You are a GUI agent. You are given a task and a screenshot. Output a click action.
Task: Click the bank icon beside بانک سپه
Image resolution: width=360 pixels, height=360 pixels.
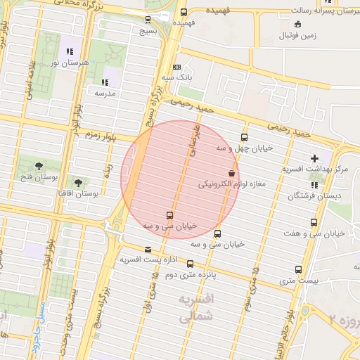coord(176,67)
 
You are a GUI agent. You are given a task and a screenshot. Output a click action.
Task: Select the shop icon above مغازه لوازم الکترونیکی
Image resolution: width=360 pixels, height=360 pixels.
coord(231,173)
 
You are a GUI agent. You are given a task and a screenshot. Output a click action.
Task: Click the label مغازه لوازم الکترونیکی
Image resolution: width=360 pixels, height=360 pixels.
coord(231,184)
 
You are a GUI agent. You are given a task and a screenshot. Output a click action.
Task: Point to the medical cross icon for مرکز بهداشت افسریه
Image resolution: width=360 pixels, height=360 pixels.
coord(314,158)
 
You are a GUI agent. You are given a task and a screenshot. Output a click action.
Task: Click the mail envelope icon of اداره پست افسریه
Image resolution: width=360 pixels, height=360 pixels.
coord(147,249)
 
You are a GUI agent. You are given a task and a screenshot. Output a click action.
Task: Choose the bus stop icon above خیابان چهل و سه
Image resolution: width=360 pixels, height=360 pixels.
coord(244,137)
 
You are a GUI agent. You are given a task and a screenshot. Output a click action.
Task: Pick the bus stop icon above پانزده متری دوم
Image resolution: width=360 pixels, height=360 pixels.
coord(191,264)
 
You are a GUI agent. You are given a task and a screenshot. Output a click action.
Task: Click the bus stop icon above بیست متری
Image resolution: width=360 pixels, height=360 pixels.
coord(299,269)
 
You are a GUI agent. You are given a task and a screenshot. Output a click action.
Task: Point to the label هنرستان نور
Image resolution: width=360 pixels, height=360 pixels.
coord(70,63)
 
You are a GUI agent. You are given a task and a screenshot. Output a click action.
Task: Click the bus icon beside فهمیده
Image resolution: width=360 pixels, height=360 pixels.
coord(184,12)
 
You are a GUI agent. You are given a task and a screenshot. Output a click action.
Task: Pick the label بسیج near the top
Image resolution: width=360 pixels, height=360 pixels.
coord(148,30)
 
